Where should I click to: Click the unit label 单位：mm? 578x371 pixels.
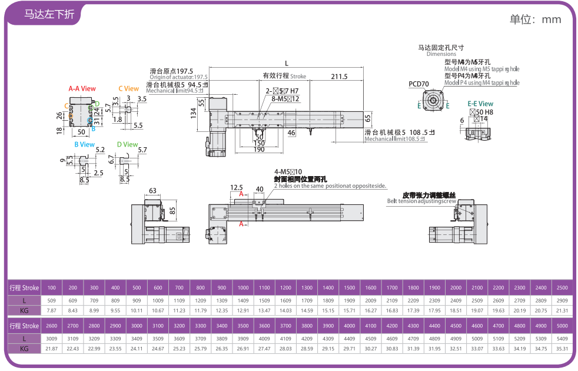535,19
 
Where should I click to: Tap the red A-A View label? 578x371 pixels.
82,89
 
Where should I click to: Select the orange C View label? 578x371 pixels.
128,89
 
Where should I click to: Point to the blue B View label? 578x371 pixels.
84,144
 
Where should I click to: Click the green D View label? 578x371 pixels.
127,144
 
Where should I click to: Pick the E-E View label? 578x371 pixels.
480,104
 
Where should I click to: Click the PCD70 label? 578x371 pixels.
418,84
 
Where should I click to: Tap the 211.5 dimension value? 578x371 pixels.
339,77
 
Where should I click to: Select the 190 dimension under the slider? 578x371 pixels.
259,150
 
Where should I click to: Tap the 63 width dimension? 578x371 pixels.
152,191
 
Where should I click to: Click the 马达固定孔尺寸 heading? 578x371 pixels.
441,47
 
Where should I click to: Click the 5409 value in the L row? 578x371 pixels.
562,338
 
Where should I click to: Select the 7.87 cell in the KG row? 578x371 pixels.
52,310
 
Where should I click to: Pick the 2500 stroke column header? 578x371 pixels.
562,287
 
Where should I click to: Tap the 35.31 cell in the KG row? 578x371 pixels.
562,349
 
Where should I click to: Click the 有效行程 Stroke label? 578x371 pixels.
284,76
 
